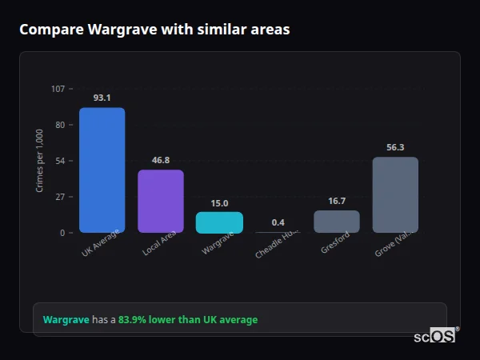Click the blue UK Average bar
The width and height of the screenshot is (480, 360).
click(102, 170)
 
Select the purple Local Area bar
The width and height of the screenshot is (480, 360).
click(161, 202)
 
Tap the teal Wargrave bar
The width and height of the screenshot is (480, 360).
click(219, 222)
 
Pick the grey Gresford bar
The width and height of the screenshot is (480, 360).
click(337, 222)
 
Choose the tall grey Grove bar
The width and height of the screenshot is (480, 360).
click(395, 195)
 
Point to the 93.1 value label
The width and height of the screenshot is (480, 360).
click(102, 98)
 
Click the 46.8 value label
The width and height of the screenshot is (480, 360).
click(161, 160)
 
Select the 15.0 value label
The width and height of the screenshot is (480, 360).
click(219, 203)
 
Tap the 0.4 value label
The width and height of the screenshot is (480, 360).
click(278, 222)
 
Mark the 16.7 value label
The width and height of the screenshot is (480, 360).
click(337, 201)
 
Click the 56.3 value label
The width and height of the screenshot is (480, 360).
click(395, 147)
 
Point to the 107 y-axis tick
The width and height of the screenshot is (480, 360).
click(58, 88)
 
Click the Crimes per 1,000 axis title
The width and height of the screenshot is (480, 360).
click(40, 161)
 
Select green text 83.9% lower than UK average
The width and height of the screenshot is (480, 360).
click(188, 320)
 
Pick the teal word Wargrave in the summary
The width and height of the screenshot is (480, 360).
click(66, 320)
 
